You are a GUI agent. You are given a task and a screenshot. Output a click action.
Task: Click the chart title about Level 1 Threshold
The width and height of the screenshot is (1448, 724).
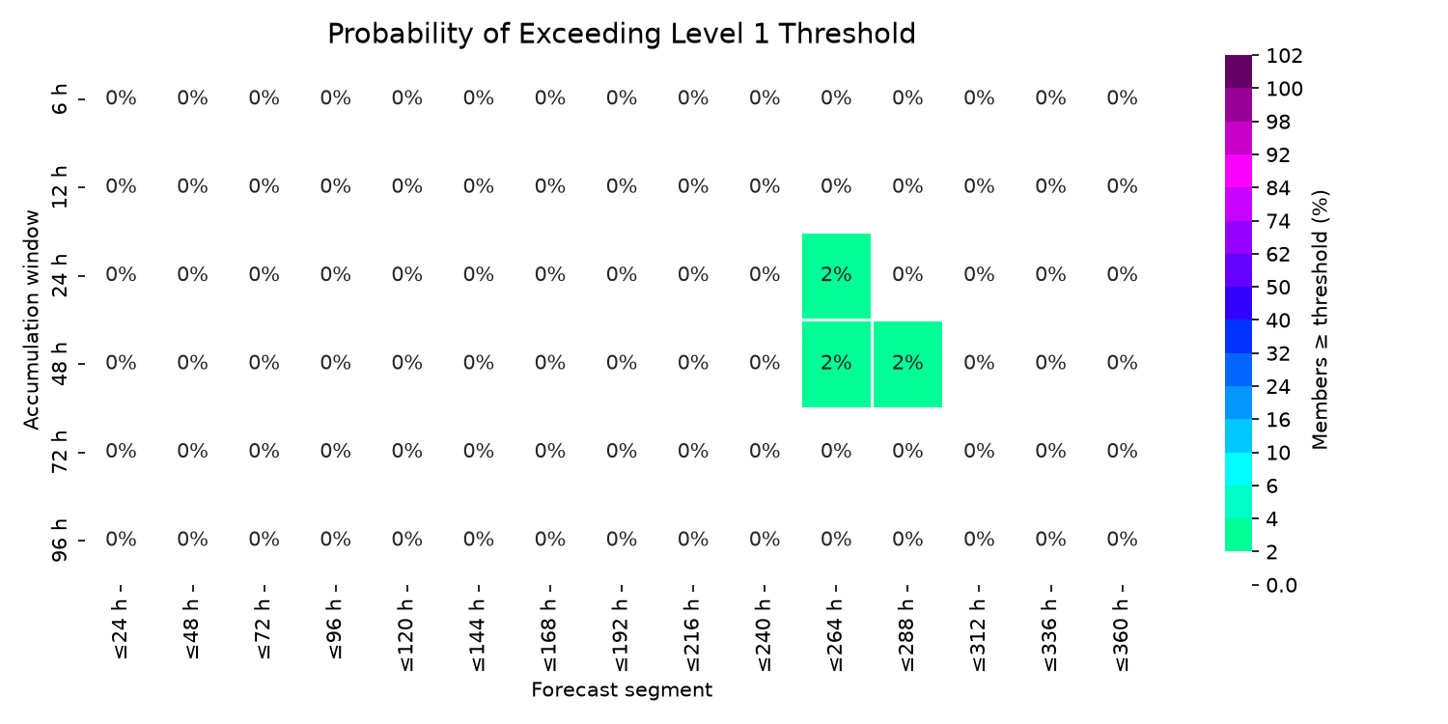click(622, 34)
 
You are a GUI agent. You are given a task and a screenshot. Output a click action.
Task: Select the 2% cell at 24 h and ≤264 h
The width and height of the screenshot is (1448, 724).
click(837, 275)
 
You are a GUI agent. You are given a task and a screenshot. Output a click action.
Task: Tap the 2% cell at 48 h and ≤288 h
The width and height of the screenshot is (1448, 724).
click(907, 364)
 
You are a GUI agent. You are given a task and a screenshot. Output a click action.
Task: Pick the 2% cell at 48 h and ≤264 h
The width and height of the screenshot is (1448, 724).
click(837, 364)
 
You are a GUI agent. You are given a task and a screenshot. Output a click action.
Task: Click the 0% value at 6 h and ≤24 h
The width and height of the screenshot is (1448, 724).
click(121, 98)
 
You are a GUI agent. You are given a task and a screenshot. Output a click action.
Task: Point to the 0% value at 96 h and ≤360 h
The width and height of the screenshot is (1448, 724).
click(1122, 539)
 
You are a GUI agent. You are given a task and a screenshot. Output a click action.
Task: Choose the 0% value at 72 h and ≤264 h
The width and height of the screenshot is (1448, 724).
click(837, 451)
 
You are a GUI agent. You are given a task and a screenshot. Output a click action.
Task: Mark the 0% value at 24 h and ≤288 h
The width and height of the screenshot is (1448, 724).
click(907, 275)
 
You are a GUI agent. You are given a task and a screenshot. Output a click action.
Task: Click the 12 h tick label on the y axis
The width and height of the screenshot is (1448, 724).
click(59, 187)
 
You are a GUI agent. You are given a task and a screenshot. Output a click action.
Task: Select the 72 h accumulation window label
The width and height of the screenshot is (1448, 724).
click(59, 451)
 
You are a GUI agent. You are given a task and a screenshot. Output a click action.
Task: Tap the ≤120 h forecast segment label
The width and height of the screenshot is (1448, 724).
click(406, 635)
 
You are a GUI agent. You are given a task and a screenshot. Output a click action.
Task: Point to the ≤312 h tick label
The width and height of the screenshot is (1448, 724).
click(979, 635)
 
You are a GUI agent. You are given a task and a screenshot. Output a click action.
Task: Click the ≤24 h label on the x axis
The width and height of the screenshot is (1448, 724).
click(121, 629)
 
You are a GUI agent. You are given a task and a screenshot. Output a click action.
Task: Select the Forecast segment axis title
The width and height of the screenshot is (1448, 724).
click(622, 690)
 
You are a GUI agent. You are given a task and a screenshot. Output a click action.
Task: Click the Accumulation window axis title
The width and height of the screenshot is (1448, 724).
click(31, 320)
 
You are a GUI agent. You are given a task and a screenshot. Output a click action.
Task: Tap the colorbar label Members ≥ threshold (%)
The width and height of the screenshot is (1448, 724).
click(1320, 320)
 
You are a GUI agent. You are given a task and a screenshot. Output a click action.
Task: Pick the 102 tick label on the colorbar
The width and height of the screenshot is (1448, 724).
click(1284, 56)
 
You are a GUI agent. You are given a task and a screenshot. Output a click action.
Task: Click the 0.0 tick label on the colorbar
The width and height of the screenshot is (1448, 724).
click(1281, 586)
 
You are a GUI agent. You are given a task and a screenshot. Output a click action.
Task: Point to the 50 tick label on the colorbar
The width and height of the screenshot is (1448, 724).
click(1278, 288)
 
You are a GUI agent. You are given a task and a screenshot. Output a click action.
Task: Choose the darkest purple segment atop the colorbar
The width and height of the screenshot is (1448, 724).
click(1238, 71)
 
